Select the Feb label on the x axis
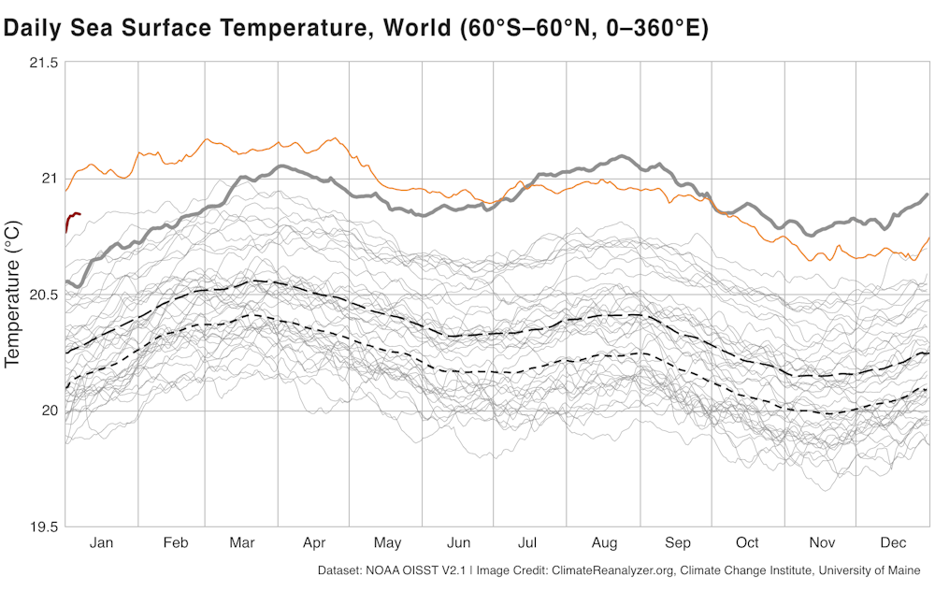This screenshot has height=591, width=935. click(176, 543)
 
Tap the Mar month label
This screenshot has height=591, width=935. click(242, 543)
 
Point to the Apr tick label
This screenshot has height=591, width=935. click(314, 543)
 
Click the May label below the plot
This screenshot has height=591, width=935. click(387, 543)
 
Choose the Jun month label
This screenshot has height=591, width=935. click(458, 543)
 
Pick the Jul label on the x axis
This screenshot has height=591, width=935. click(527, 543)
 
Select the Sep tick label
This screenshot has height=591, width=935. click(678, 543)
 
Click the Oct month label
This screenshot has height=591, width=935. click(747, 543)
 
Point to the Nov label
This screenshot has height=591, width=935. click(821, 543)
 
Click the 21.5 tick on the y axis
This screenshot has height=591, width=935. click(41, 63)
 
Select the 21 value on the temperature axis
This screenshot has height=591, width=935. click(49, 179)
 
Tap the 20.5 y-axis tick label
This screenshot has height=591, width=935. click(41, 295)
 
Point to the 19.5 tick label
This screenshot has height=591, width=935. click(41, 526)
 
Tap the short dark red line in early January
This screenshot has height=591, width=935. click(73, 216)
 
